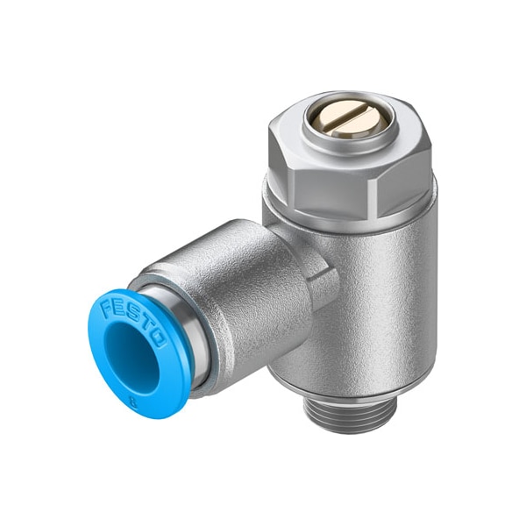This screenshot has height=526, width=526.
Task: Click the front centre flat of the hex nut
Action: point(346,185)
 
